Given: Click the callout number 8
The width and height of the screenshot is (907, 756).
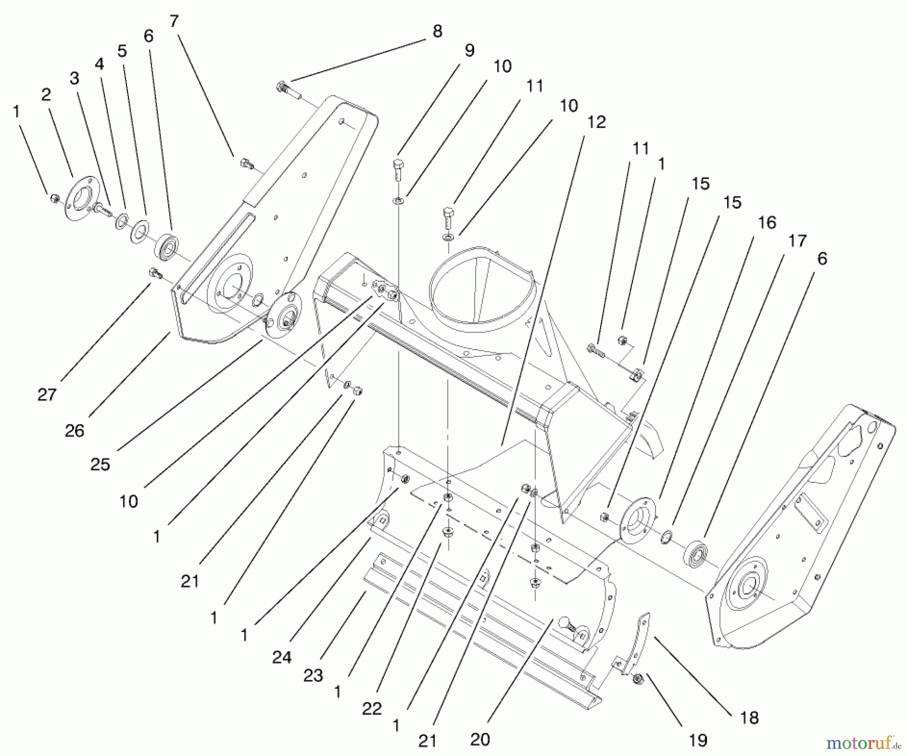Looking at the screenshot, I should pos(437,31).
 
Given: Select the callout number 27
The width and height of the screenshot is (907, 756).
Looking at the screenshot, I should pos(46,394).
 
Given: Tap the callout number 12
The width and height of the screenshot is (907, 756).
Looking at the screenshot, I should pos(597,122).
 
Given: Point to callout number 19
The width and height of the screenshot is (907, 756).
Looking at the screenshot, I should pos(698,740).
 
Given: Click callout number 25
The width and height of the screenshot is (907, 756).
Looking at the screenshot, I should pos(100,464).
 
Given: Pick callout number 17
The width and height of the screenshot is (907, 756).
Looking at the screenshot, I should pos(797,241).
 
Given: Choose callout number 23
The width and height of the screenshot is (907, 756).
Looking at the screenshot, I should pos(313,675).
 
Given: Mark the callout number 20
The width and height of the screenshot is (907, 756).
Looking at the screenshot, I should pos(480,739).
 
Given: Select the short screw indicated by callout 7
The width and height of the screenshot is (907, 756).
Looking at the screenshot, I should pos(246,163).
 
